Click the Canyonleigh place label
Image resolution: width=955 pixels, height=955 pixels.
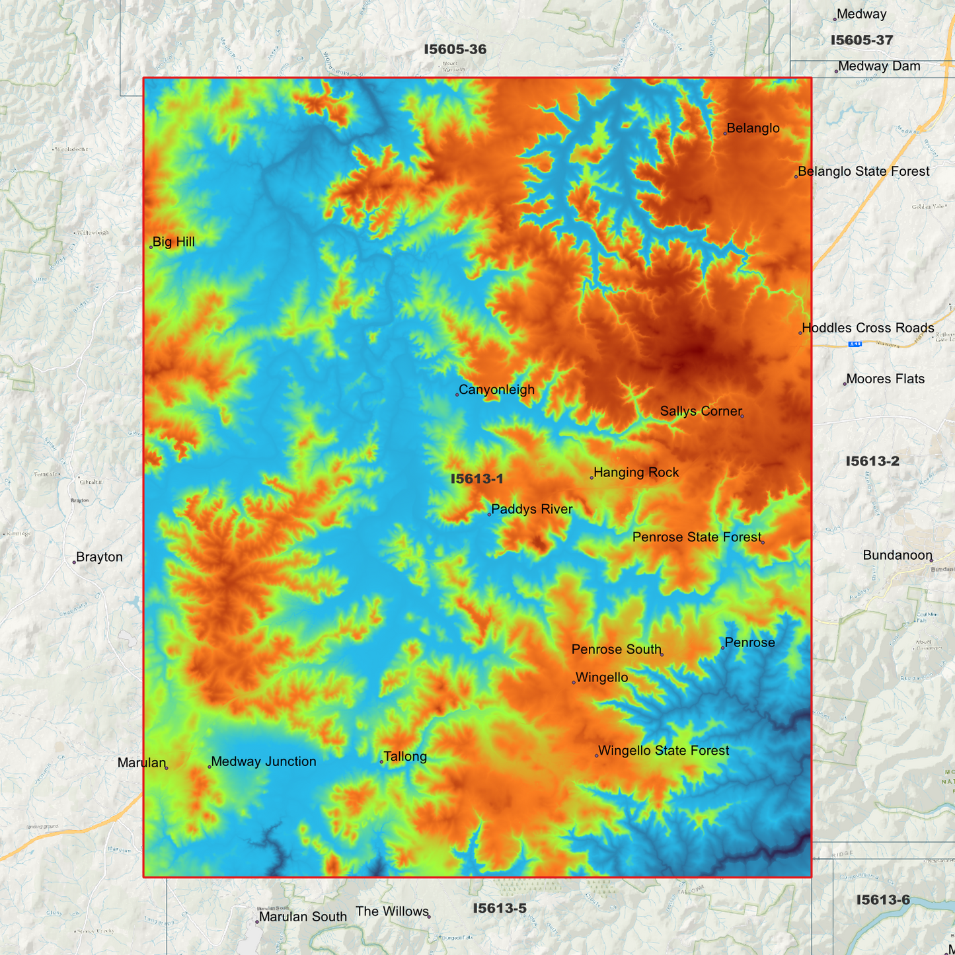click(x=496, y=390)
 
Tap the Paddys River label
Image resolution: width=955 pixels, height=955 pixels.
click(x=531, y=510)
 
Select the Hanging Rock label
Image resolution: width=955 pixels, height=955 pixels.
click(x=636, y=473)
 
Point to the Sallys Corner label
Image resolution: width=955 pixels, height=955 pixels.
click(x=701, y=411)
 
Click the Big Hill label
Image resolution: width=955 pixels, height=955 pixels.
click(x=173, y=242)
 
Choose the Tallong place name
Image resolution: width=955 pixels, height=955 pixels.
click(x=404, y=757)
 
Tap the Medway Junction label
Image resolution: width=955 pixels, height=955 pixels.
click(x=263, y=761)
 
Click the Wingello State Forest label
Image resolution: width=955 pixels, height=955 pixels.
click(x=663, y=751)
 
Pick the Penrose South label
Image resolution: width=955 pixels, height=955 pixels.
click(x=616, y=650)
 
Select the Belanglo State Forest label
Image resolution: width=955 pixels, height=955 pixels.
click(x=863, y=172)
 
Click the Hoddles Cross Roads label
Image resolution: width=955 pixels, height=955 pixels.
click(x=868, y=328)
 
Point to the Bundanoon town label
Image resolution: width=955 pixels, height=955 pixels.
click(x=897, y=555)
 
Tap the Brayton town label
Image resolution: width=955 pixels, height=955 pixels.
click(x=99, y=557)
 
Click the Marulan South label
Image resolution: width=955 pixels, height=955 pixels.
click(x=303, y=917)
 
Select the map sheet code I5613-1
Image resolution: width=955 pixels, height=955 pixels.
click(x=477, y=479)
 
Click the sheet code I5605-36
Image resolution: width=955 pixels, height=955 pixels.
click(x=455, y=50)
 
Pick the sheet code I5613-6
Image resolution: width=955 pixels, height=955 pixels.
click(x=882, y=900)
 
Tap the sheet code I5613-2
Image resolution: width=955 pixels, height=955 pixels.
click(x=872, y=461)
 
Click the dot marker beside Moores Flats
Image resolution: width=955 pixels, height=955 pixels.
click(x=845, y=384)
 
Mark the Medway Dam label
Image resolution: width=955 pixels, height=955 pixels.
click(x=879, y=66)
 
